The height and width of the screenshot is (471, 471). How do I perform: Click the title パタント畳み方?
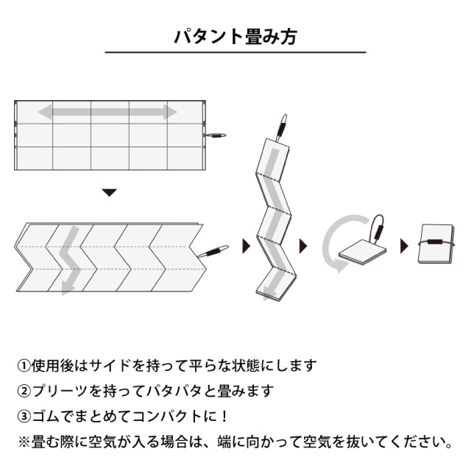[235, 37]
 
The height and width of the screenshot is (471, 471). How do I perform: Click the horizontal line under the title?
[235, 52]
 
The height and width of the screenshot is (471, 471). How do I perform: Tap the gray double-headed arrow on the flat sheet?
[107, 112]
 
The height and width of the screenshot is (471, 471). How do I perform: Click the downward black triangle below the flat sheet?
[109, 193]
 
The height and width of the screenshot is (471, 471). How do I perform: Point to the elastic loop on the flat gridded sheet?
[216, 135]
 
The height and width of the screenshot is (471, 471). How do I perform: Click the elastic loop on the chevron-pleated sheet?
[213, 251]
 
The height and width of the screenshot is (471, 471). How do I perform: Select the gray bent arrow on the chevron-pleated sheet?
[69, 258]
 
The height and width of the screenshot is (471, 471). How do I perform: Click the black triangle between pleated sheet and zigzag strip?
[247, 246]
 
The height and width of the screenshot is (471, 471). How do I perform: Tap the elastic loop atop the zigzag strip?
[281, 127]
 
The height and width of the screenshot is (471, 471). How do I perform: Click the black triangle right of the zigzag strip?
[303, 246]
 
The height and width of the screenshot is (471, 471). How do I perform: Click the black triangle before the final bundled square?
[405, 246]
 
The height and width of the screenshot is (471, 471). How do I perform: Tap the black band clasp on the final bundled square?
[435, 242]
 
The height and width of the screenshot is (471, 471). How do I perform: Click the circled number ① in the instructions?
[24, 366]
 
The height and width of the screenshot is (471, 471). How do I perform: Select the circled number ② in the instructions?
[24, 391]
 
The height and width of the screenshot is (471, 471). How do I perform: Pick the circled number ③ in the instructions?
[24, 417]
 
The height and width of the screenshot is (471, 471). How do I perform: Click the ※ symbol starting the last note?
[24, 442]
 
